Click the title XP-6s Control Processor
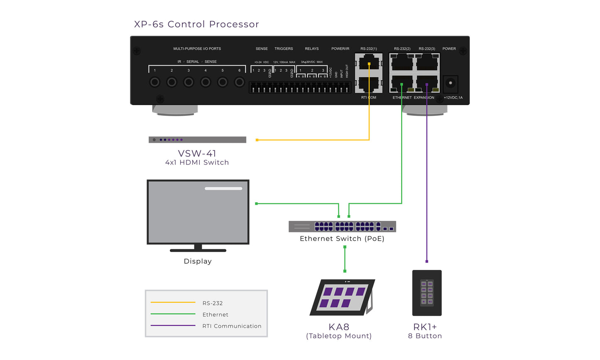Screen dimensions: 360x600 196,24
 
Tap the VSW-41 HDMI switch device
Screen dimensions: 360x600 197,140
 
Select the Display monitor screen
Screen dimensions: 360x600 198,212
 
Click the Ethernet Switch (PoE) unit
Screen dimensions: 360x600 342,226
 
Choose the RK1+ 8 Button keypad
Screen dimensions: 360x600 427,293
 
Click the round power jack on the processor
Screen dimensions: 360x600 451,83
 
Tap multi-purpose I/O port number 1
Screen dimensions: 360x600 154,82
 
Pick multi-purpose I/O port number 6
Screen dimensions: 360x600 239,82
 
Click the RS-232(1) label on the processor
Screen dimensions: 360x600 369,49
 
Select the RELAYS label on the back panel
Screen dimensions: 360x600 312,49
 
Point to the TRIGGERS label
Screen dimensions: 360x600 284,49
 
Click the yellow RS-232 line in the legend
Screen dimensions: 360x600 173,302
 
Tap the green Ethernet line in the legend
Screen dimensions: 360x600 173,314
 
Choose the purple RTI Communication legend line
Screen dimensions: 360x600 173,326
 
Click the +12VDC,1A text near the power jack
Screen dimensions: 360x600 453,98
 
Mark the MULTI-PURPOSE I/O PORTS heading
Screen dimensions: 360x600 197,49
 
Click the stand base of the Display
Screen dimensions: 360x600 198,250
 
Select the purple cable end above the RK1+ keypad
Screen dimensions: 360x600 427,262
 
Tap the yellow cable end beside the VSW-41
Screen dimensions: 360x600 257,140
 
